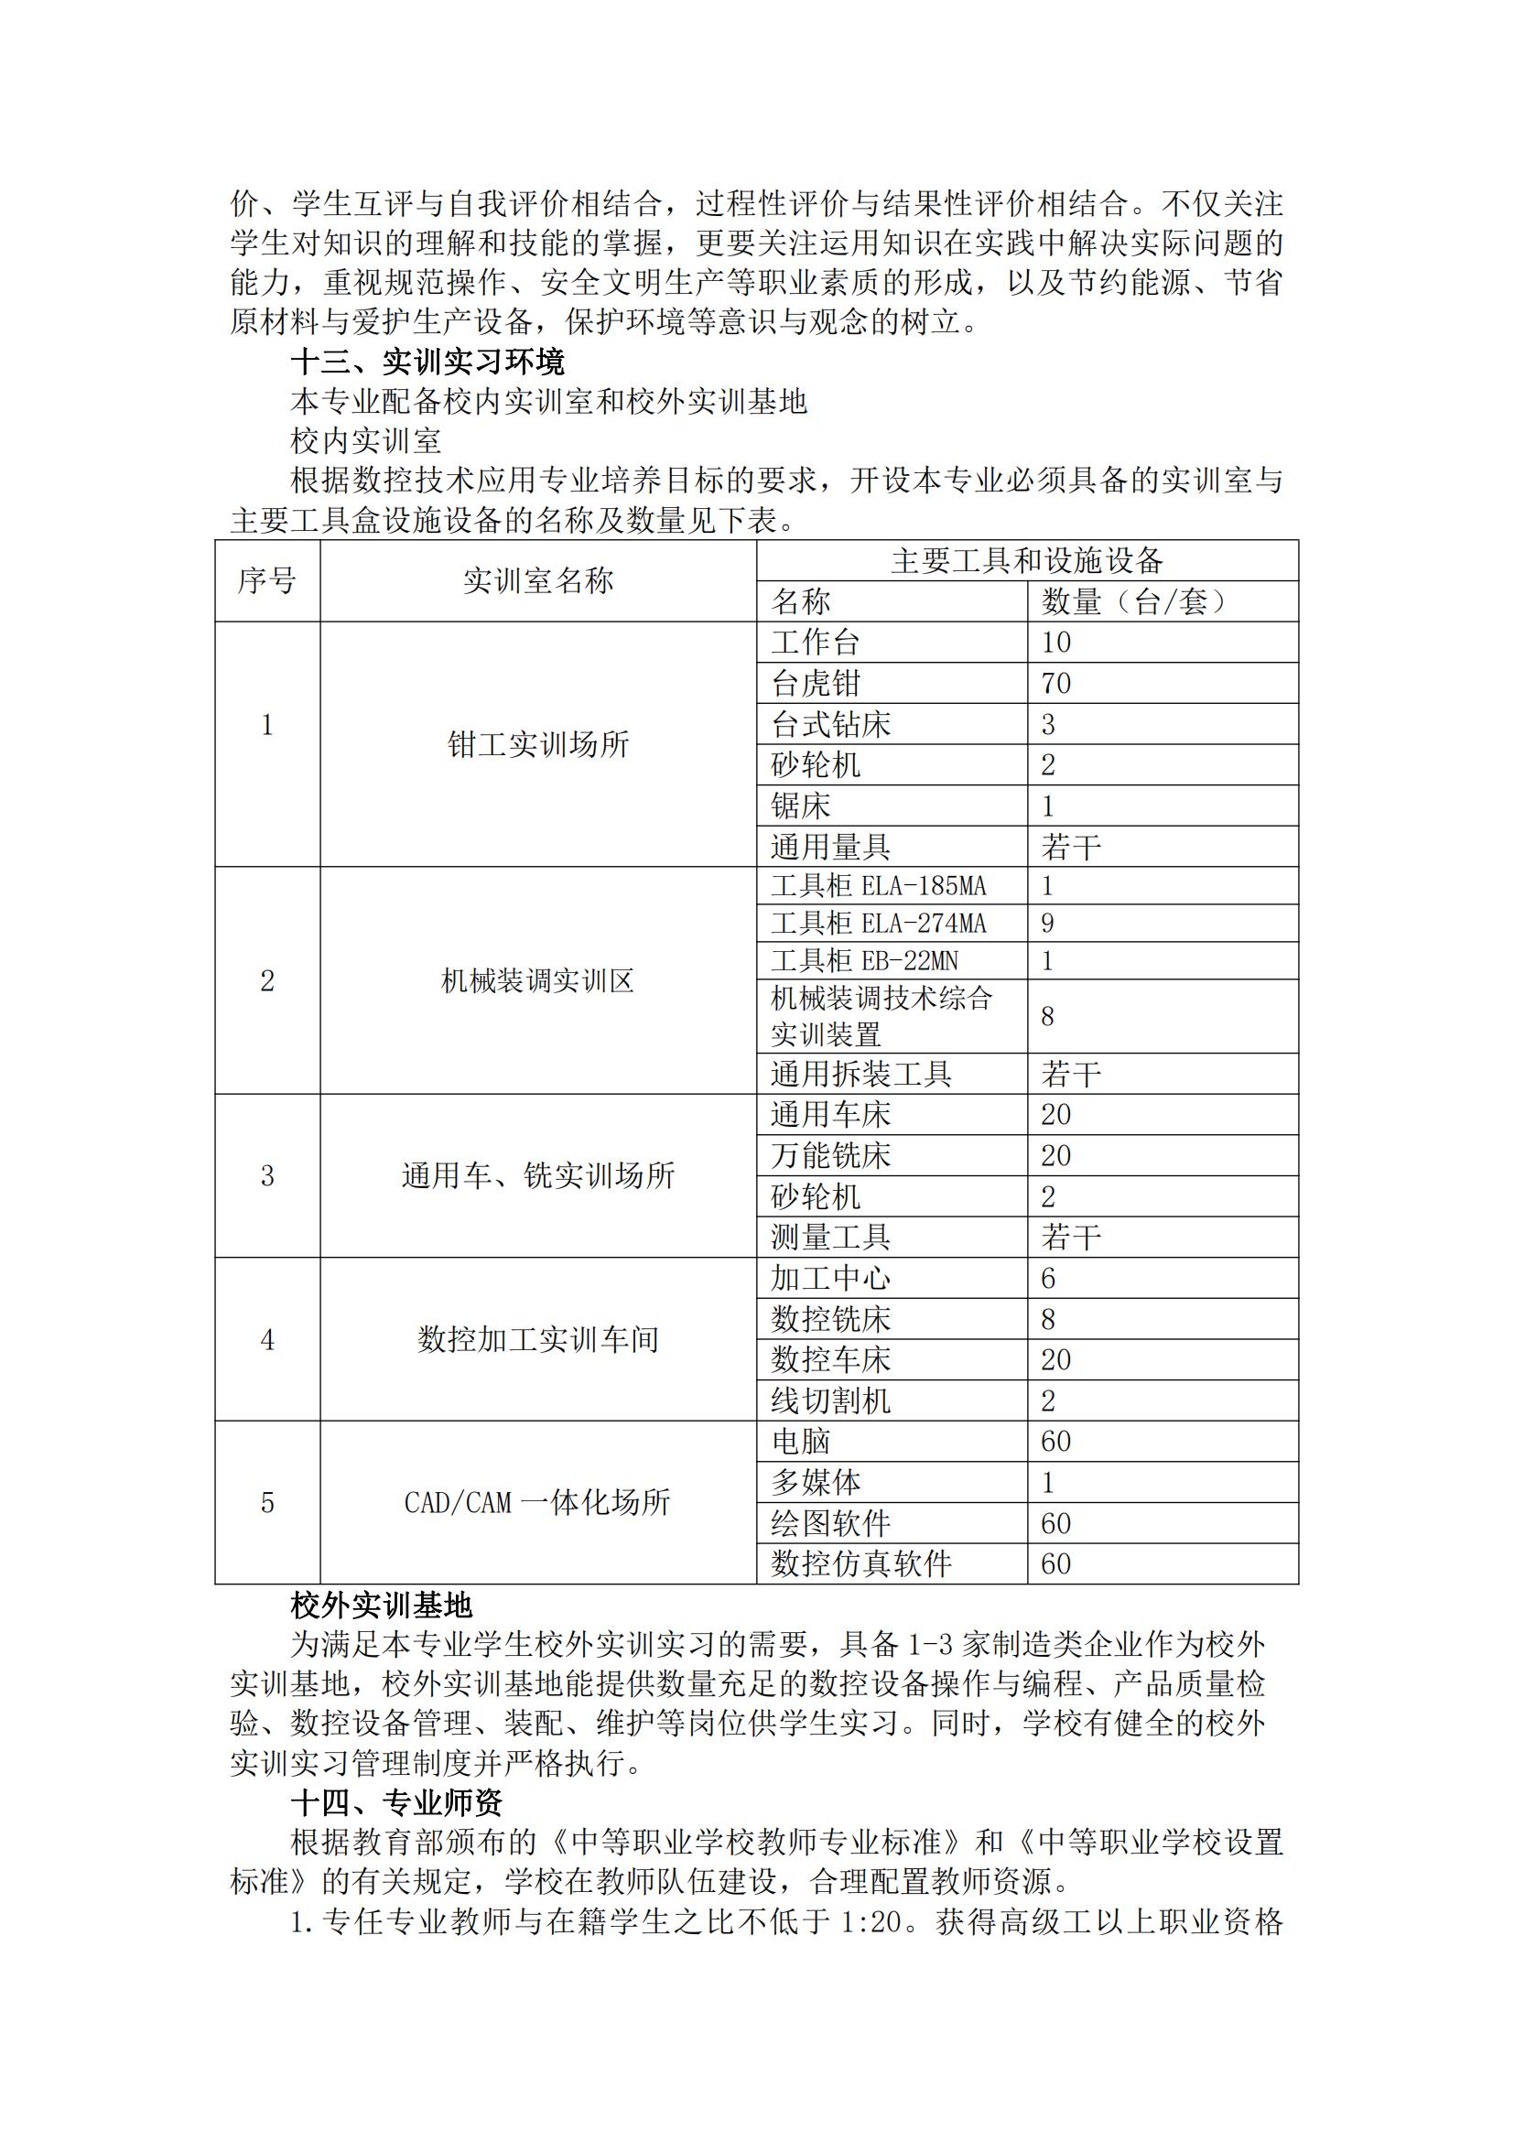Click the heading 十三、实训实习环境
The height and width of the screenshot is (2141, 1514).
coord(427,362)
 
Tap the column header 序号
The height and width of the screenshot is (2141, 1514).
coord(266,581)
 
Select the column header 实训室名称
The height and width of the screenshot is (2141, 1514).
coord(538,581)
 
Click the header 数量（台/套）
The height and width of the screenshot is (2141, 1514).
coord(1133,602)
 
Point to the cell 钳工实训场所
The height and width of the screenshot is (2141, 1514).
coord(538,744)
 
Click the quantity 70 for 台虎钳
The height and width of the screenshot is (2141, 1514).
coord(1056,684)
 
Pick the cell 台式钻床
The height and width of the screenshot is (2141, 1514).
coord(830,725)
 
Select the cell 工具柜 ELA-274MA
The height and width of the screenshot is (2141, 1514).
coord(878,924)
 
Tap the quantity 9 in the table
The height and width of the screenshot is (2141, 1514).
coord(1048,924)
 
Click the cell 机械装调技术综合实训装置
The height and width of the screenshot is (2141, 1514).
coord(881,1016)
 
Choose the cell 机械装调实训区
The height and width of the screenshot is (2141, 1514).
coord(538,981)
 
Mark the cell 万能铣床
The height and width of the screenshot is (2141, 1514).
coord(830,1156)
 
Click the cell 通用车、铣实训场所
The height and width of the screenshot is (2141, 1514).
coord(538,1176)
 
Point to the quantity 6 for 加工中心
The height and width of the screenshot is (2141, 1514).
coord(1048,1279)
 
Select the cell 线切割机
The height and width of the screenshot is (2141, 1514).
coord(830,1400)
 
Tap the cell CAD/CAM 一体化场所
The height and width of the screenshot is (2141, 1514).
coord(538,1502)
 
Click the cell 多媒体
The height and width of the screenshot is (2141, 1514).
coord(816,1482)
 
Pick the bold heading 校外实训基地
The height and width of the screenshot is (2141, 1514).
coord(382,1605)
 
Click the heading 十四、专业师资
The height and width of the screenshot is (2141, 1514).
coord(396,1802)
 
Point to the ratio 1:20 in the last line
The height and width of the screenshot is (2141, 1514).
coord(876,1923)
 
